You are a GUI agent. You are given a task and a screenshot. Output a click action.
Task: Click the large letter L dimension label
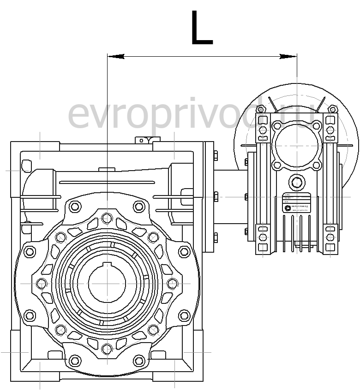coord(201,29)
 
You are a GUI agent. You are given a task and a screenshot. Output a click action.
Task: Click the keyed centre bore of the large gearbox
coord(107,282)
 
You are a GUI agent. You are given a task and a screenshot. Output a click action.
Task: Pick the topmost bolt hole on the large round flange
coord(107,217)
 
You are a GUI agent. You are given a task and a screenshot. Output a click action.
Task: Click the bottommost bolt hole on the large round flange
coord(107,348)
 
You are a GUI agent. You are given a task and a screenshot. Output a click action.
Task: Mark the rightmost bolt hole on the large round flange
coord(172,283)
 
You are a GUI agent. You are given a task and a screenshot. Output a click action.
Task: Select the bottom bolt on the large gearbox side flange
coord(215,238)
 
